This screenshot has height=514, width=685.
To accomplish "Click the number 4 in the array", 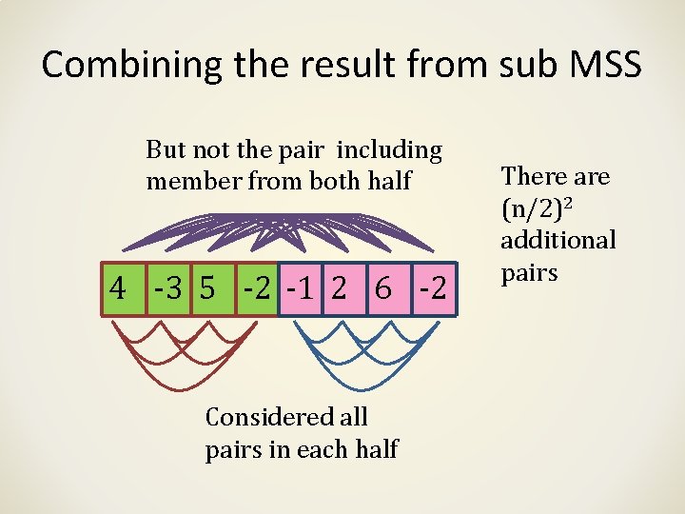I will (118, 288).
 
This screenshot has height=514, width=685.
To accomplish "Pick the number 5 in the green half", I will (206, 288).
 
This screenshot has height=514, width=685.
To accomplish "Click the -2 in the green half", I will (254, 288).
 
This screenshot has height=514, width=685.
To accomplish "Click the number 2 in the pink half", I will (339, 288).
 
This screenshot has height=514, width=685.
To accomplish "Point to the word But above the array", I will (166, 150).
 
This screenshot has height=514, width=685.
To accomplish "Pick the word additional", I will (558, 239).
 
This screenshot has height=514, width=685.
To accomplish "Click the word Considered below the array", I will (286, 417).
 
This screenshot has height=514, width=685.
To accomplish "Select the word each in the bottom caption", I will (316, 448).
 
